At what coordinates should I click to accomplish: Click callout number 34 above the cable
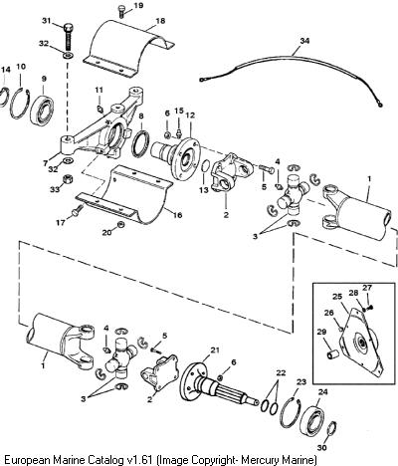click(x=304, y=41)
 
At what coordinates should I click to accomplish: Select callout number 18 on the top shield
click(x=160, y=21)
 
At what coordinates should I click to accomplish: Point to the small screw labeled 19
click(x=121, y=13)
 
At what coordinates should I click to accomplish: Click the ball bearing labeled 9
click(x=42, y=106)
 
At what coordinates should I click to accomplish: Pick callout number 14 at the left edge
click(x=6, y=70)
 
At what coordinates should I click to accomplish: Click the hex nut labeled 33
click(x=69, y=180)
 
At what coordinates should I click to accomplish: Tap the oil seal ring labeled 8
click(x=140, y=144)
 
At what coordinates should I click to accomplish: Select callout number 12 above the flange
click(x=190, y=116)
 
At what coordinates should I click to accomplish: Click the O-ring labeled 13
click(x=206, y=166)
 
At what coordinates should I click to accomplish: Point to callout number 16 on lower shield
click(x=177, y=215)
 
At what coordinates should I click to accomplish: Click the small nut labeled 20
click(x=121, y=225)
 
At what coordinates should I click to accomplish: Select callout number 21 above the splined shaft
click(x=215, y=350)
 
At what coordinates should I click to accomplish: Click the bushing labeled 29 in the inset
click(x=332, y=353)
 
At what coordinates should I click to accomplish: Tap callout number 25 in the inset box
click(x=337, y=297)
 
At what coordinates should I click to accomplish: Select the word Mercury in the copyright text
click(x=261, y=461)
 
